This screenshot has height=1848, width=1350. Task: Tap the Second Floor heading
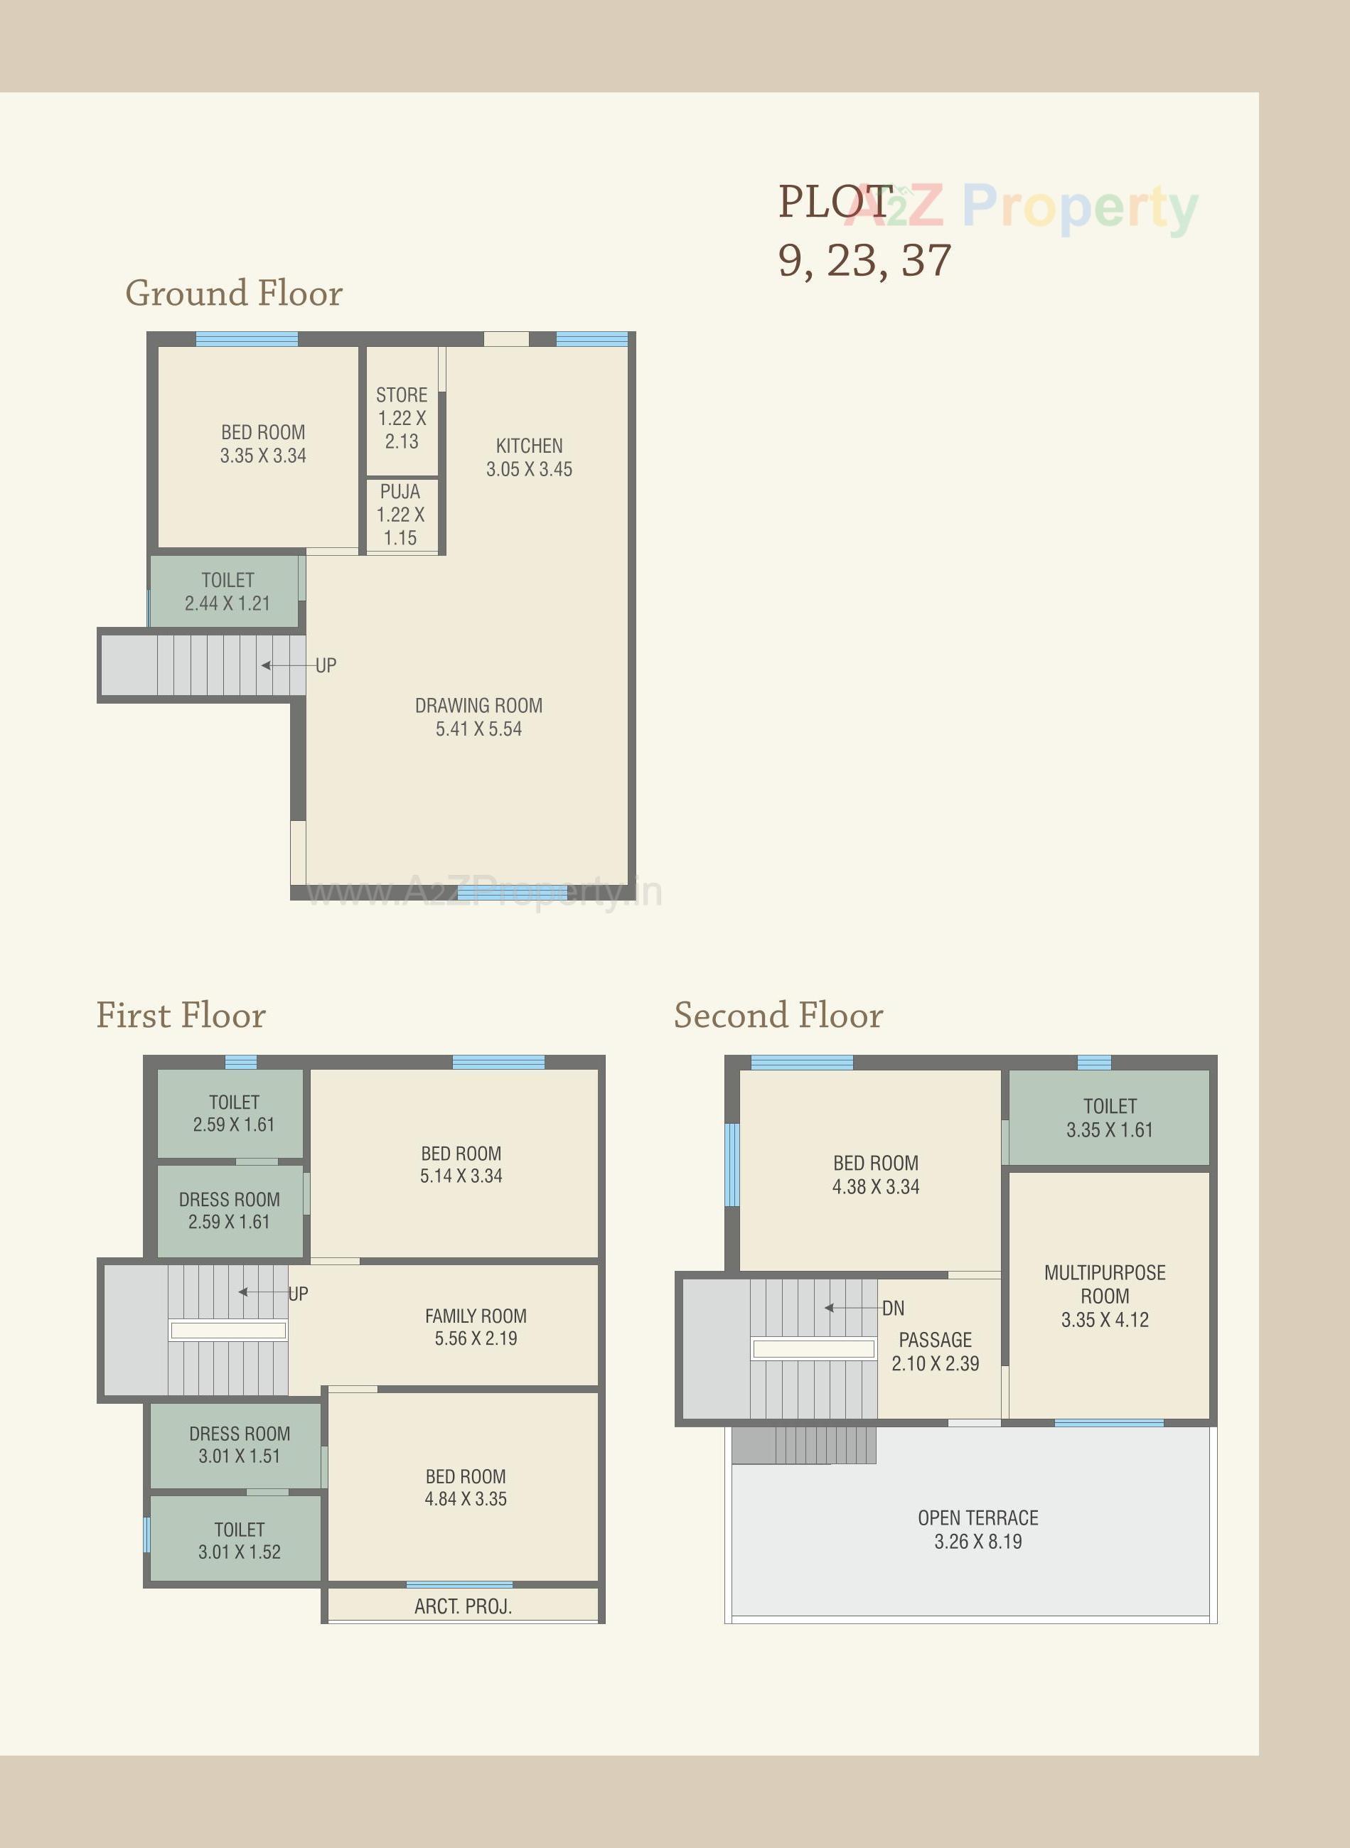(x=778, y=1016)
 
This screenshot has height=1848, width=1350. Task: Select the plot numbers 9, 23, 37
(x=864, y=261)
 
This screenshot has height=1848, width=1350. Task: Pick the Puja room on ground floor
(x=400, y=515)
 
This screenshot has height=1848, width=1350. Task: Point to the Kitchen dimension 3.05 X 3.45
(x=529, y=469)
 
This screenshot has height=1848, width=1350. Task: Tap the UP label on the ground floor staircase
(x=326, y=666)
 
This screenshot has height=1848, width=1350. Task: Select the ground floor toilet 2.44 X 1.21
(x=227, y=591)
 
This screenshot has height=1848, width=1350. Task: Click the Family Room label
(x=476, y=1316)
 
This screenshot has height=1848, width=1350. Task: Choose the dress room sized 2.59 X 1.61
(x=229, y=1210)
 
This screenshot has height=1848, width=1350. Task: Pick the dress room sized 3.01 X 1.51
(x=240, y=1444)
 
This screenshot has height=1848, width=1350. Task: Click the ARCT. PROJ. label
(x=463, y=1606)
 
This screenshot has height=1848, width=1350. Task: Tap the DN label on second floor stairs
(x=893, y=1308)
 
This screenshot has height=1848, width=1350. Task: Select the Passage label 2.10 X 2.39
(x=935, y=1351)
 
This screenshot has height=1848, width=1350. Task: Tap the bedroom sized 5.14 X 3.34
(x=461, y=1165)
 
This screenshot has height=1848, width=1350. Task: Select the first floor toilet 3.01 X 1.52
(x=240, y=1541)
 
